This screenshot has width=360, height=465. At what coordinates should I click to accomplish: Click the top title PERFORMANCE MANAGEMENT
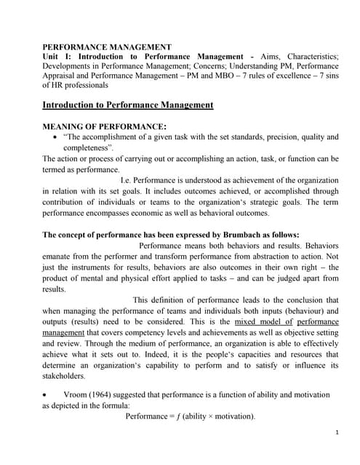pos(107,46)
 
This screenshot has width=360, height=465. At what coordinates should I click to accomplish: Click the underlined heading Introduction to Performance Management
pos(128,105)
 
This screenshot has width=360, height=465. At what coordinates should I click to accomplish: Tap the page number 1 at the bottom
pos(337,433)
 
